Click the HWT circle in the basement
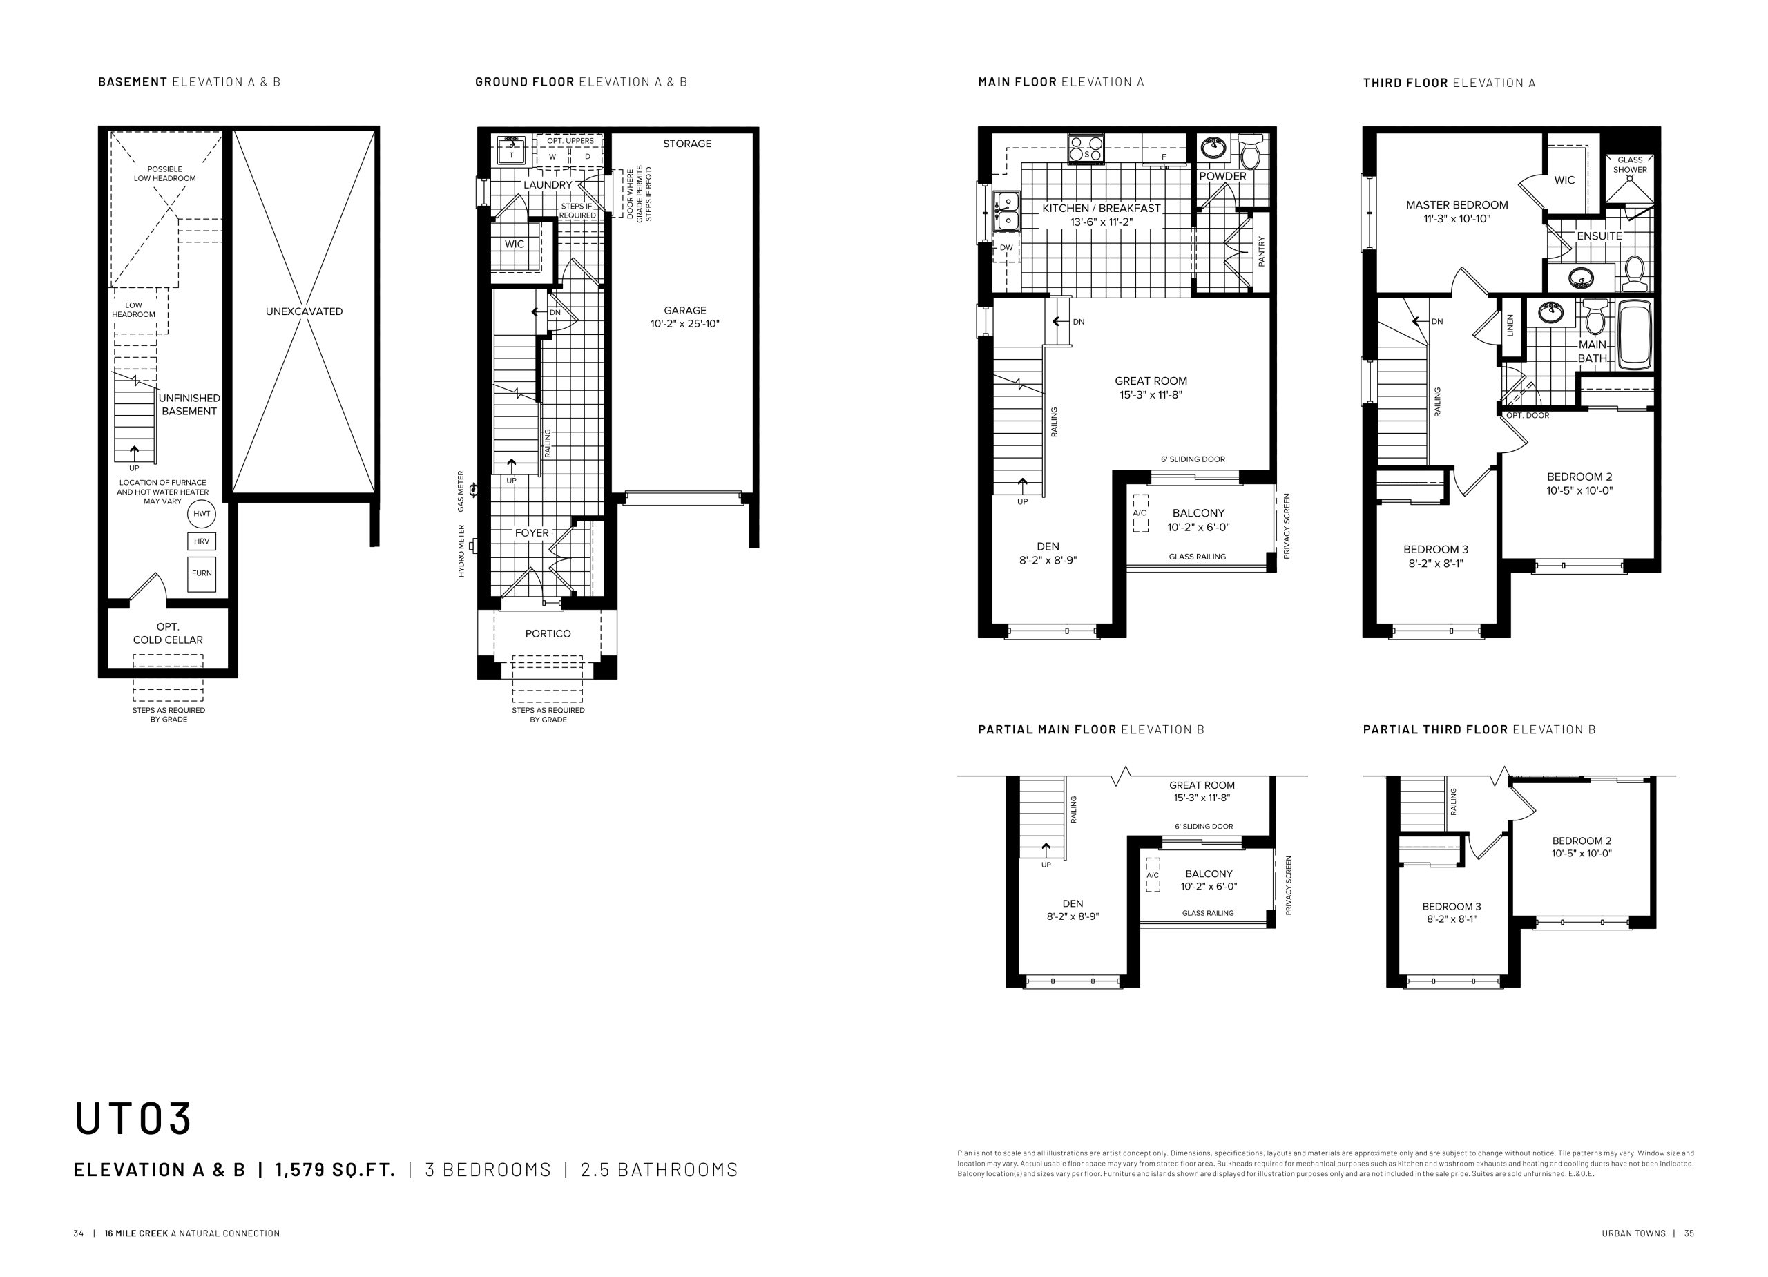tap(202, 514)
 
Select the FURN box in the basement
tap(202, 573)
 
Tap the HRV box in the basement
tap(202, 541)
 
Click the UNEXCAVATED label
tap(304, 311)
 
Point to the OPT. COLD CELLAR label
tap(168, 633)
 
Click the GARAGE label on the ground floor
tap(685, 310)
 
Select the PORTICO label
tap(548, 634)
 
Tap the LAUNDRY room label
tap(548, 185)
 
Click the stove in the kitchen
tap(1086, 148)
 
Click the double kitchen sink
tap(1006, 211)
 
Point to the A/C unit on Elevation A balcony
tap(1140, 513)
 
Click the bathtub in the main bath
tap(1635, 335)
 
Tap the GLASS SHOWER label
tap(1630, 164)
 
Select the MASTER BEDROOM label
tap(1457, 205)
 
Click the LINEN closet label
tap(1510, 325)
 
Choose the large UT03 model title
tap(133, 1118)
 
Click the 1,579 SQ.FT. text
tap(335, 1169)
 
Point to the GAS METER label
tap(461, 491)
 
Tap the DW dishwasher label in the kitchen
tap(1006, 248)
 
